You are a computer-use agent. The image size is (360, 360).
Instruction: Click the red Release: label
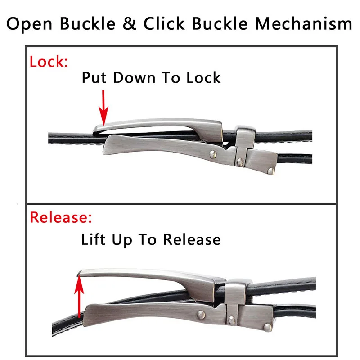tap(61, 218)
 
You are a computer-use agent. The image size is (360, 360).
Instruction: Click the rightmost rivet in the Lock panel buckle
tap(270, 170)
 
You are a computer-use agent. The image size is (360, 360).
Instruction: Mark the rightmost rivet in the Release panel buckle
tap(267, 327)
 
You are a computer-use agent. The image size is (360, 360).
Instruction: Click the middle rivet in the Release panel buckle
tap(231, 319)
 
